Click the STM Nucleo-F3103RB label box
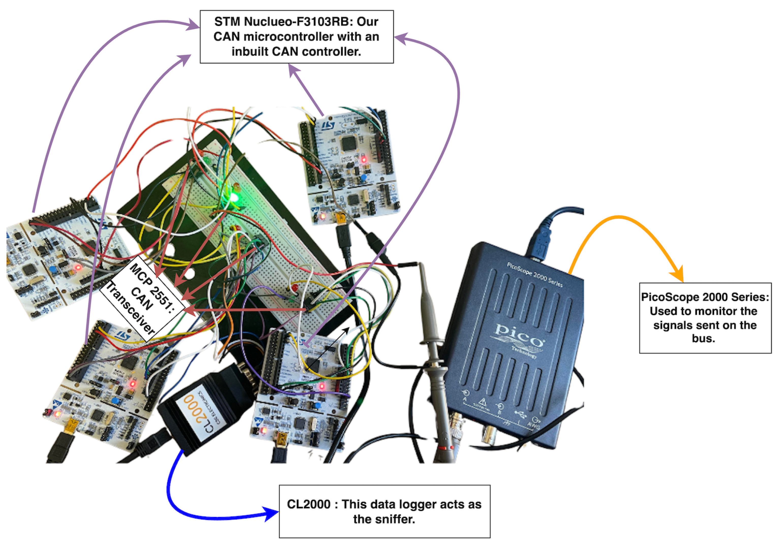[x=296, y=37]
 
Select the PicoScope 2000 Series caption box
[x=705, y=318]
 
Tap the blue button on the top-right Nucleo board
[x=364, y=177]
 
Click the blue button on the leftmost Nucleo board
[x=53, y=270]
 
